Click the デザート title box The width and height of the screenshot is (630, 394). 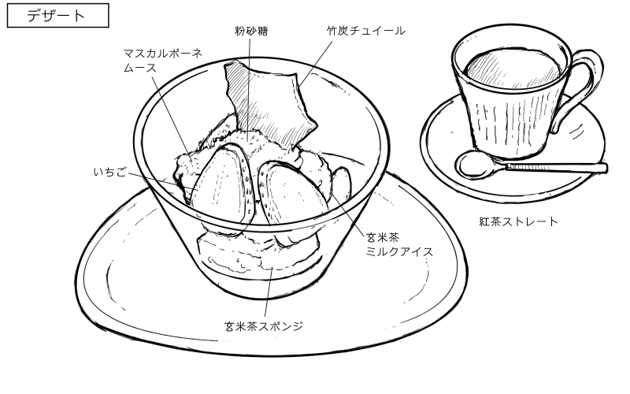(57, 16)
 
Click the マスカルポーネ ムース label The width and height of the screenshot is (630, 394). (162, 60)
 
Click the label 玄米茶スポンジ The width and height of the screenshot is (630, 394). (264, 325)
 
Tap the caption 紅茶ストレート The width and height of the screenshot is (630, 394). (519, 221)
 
